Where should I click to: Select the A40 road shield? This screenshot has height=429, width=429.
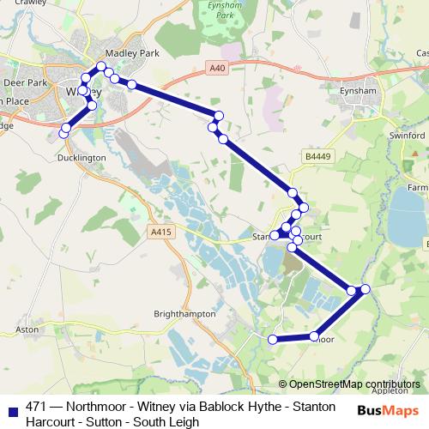[216, 66]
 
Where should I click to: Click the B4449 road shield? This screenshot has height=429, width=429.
[317, 157]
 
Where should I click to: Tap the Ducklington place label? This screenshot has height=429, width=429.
[81, 158]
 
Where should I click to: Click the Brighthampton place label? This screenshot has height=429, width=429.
[184, 314]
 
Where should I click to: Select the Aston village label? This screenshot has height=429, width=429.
[28, 329]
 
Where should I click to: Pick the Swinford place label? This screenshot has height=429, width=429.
[407, 136]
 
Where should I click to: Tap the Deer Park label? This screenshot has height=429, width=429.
[23, 83]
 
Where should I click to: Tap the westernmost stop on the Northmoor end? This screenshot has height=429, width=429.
[273, 340]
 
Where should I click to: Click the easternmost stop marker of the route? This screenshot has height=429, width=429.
[366, 288]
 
